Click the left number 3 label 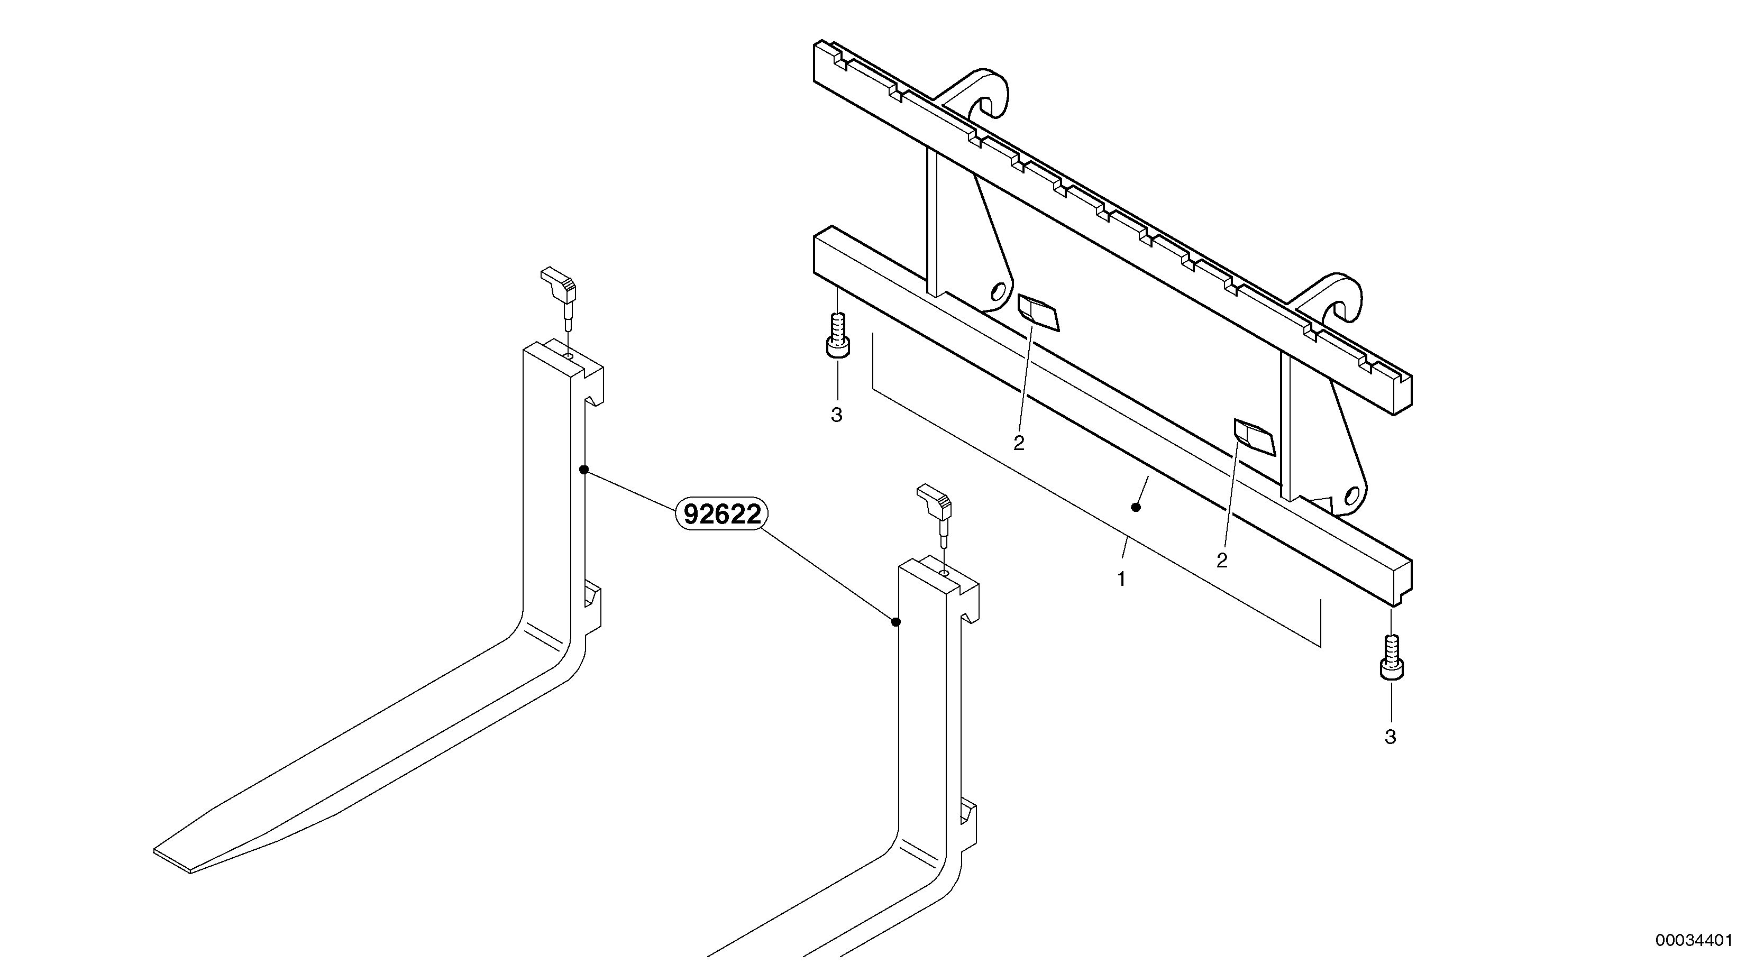tap(836, 415)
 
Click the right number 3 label tap(1390, 737)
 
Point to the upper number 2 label tap(1019, 443)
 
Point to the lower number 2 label tap(1222, 560)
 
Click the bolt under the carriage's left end tap(837, 335)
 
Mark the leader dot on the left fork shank tap(584, 470)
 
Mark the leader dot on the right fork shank tap(895, 622)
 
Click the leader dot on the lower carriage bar tap(1136, 507)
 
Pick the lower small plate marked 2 tap(1254, 437)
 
